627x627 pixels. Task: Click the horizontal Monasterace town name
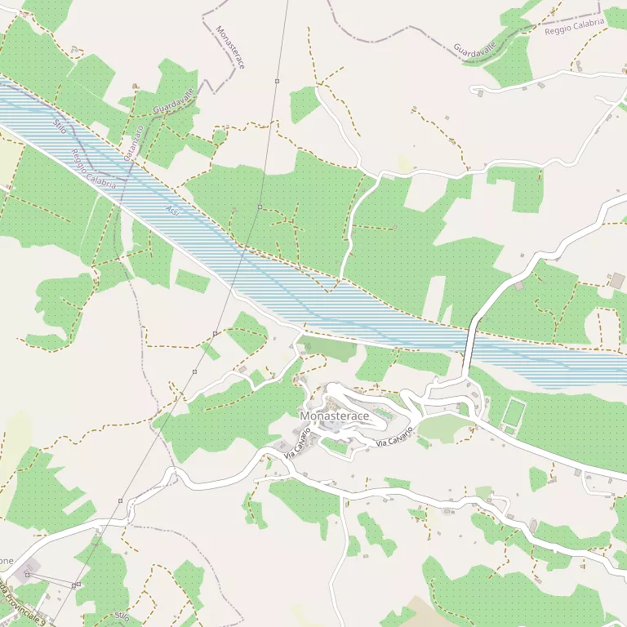[335, 416]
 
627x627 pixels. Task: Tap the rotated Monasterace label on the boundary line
[230, 47]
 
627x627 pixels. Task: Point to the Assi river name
[172, 211]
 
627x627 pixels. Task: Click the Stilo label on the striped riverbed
[60, 126]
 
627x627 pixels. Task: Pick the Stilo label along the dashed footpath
[122, 616]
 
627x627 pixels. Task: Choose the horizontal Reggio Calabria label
[575, 26]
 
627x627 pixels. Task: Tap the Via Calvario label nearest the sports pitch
[395, 436]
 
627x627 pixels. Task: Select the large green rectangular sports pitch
[514, 411]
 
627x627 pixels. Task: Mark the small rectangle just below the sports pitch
[509, 430]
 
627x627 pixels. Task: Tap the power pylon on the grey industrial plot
[27, 575]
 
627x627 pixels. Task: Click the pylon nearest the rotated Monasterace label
[277, 81]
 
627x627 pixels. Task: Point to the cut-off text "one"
[6, 562]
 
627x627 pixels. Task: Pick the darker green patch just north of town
[328, 349]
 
